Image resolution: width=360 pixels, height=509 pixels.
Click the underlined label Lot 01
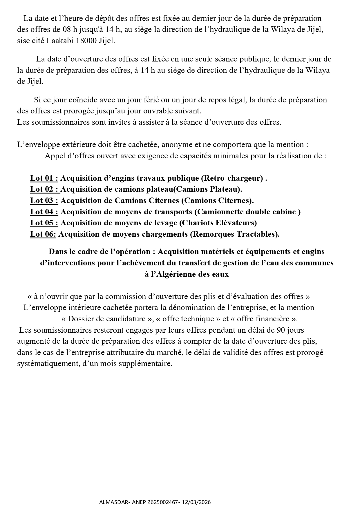[x=44, y=178]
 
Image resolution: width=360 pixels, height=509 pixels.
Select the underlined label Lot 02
[x=45, y=189]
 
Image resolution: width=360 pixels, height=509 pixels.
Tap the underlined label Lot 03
[x=44, y=201]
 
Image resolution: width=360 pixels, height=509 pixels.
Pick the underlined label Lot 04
[x=44, y=212]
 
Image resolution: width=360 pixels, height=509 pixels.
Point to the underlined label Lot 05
[x=44, y=223]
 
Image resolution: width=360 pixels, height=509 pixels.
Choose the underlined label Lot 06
[x=43, y=234]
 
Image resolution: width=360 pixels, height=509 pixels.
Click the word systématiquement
[x=47, y=364]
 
